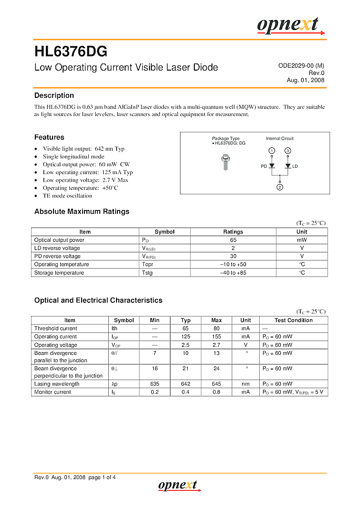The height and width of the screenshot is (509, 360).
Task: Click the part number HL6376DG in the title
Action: click(71, 52)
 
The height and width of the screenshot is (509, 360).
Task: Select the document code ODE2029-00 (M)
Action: click(301, 66)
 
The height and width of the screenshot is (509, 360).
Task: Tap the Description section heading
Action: click(54, 95)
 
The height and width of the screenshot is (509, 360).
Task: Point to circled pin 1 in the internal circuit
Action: click(272, 151)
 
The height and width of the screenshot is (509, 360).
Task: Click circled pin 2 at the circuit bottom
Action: click(280, 187)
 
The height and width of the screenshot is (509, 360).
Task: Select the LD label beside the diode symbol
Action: click(295, 166)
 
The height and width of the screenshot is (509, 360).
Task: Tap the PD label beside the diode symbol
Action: click(264, 166)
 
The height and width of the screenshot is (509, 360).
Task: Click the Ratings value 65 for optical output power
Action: click(233, 240)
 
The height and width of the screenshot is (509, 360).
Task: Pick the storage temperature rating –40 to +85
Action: click(233, 273)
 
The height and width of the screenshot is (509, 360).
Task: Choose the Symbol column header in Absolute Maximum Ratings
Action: click(165, 232)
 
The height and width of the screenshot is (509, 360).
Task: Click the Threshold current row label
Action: click(55, 328)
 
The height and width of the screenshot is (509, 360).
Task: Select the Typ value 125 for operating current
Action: click(185, 337)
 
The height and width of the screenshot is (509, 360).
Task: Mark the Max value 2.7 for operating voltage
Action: click(216, 345)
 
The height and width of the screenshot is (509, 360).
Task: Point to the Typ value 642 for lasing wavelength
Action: click(185, 384)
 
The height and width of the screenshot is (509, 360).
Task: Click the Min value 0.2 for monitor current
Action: click(155, 392)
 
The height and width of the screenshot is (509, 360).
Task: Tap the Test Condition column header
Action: click(294, 320)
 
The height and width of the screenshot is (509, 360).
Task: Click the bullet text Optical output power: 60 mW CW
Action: click(86, 164)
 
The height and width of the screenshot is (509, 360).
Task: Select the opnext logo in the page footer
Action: click(179, 485)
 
